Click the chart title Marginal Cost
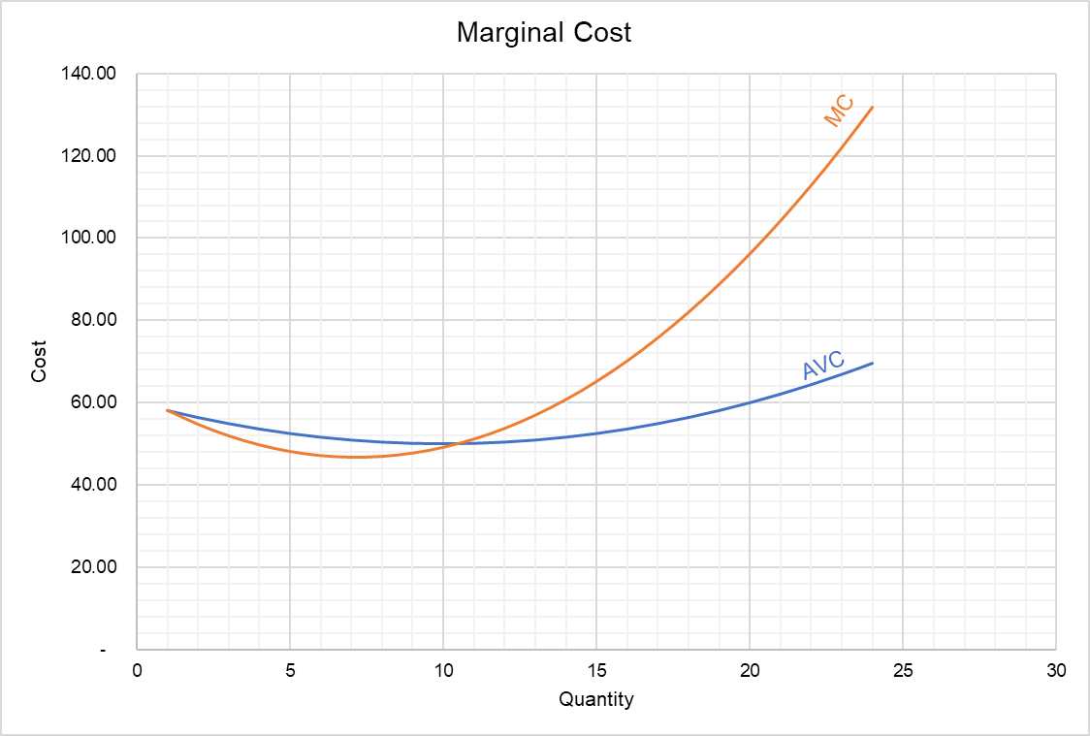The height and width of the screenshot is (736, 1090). tap(544, 33)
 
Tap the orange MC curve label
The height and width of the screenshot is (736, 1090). tap(839, 112)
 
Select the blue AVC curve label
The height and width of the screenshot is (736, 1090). tap(823, 366)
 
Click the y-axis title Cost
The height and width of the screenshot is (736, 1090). tap(39, 361)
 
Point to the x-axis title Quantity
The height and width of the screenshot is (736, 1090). tap(595, 698)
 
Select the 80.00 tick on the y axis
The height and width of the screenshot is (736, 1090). tap(95, 321)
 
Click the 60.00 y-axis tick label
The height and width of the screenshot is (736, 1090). tap(95, 402)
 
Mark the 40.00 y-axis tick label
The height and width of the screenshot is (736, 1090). tap(95, 485)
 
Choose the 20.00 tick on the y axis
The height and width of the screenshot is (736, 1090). tap(95, 567)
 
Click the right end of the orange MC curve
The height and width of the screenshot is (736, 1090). tap(872, 107)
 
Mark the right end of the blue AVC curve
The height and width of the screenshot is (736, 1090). tap(872, 363)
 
